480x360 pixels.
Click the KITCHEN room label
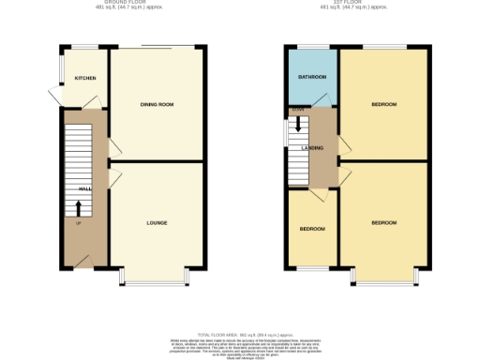[86, 79]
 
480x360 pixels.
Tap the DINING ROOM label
[157, 104]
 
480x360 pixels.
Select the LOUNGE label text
[157, 223]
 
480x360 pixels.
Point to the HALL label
[84, 189]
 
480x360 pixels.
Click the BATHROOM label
[313, 79]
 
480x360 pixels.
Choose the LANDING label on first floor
[313, 148]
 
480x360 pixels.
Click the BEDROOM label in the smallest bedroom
[312, 229]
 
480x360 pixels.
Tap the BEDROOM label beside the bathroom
[383, 104]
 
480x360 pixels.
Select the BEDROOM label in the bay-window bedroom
[383, 223]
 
